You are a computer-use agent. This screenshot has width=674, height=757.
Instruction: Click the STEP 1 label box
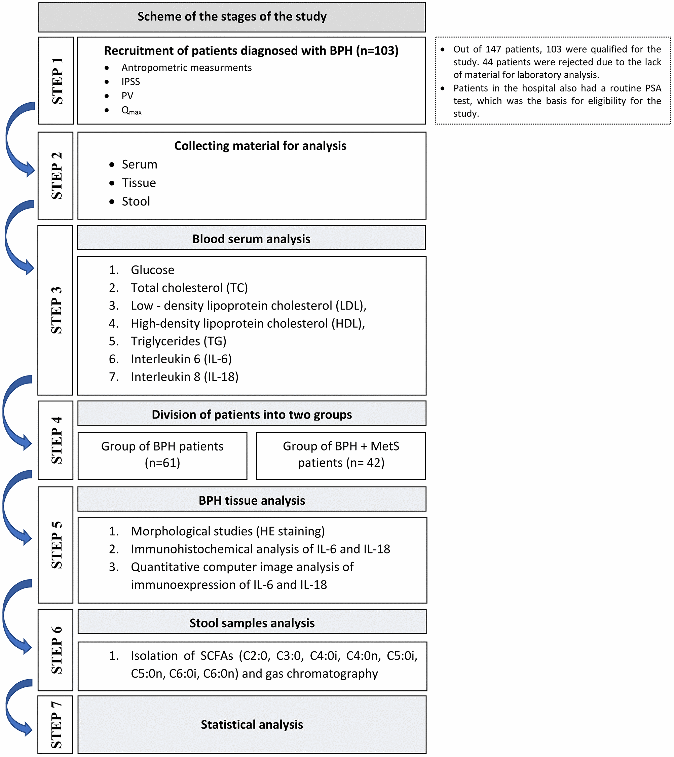(56, 80)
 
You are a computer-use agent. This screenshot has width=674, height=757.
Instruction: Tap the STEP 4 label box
(56, 440)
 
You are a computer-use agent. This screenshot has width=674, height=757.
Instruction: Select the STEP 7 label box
(56, 725)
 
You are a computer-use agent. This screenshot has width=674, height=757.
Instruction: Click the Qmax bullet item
(132, 110)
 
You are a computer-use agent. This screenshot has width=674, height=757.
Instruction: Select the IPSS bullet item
(131, 81)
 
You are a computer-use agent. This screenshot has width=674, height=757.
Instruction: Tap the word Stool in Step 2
(136, 202)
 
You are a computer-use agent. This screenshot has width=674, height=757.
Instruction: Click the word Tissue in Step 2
(139, 183)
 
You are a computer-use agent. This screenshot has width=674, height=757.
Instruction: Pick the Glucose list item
(152, 270)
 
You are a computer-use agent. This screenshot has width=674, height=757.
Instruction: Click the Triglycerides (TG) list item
(179, 341)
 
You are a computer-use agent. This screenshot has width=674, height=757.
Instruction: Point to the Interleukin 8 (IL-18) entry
(184, 377)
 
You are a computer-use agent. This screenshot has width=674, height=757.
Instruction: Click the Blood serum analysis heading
(251, 239)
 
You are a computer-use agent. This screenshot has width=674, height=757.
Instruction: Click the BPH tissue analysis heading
(252, 501)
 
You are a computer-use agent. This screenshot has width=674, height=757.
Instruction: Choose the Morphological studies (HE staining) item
(228, 531)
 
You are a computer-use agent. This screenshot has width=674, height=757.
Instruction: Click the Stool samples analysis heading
(252, 623)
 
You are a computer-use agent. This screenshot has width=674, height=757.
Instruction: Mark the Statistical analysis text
(252, 725)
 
